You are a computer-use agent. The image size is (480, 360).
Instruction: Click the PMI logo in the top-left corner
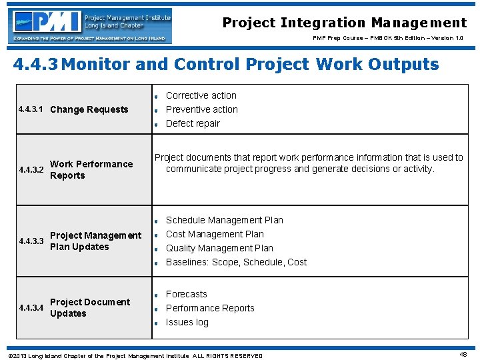pos(90,25)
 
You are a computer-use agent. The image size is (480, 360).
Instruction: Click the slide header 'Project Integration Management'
pos(344,23)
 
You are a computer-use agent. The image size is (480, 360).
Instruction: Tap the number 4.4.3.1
pos(31,109)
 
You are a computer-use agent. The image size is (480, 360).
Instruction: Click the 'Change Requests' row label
pos(89,109)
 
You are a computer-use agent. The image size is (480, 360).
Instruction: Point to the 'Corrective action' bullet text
pos(201,95)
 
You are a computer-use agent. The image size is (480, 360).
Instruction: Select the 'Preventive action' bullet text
pos(201,109)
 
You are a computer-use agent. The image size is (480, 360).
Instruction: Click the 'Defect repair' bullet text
pos(193,123)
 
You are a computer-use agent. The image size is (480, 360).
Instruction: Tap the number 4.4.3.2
pos(31,170)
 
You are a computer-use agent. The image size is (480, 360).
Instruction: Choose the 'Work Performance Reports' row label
pos(91,170)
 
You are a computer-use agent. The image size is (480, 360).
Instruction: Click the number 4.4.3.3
pos(31,241)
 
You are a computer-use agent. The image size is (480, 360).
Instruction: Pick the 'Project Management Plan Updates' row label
pos(95,241)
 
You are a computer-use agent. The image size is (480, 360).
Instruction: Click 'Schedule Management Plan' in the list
pos(224,220)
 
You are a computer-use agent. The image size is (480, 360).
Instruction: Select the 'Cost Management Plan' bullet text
pos(215,234)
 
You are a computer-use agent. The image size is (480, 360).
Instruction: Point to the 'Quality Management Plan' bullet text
pos(219,248)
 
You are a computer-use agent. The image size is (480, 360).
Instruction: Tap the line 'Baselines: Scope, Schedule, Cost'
pos(236,262)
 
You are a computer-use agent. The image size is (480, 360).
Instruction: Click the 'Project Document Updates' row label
pos(89,308)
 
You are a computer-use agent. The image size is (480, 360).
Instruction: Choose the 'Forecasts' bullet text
pos(186,294)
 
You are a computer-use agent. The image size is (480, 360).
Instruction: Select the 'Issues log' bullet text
pos(187,322)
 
